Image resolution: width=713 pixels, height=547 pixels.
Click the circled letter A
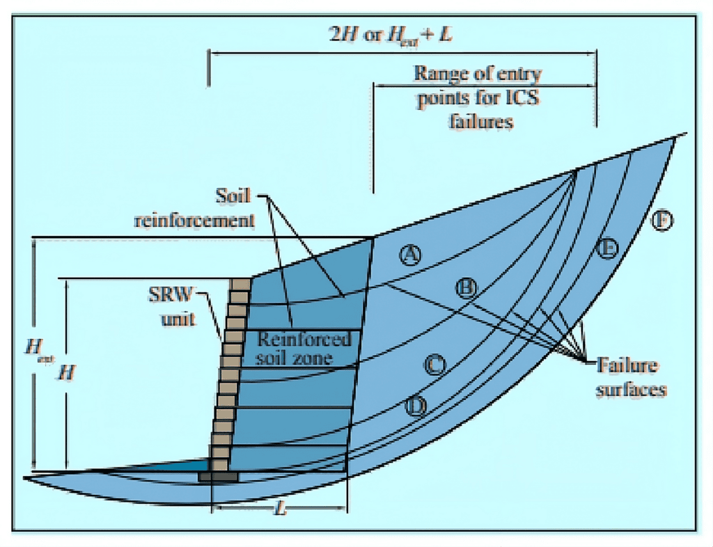411,255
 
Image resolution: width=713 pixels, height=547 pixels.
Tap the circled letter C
435,364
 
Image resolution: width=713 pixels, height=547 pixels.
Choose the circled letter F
663,221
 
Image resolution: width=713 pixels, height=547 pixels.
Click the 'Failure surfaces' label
630,376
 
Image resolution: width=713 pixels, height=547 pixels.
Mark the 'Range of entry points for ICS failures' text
478,97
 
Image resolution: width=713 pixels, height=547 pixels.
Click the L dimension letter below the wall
281,510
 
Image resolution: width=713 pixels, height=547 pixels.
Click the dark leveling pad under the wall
219,477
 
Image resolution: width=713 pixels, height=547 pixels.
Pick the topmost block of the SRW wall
240,285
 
